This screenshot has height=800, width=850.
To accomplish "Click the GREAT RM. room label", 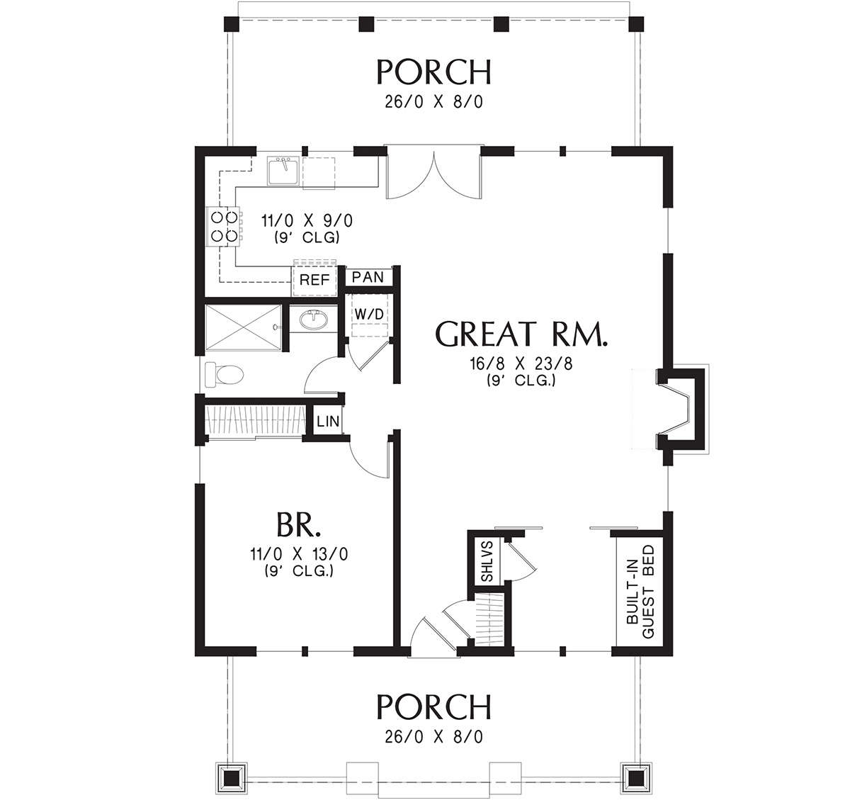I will (x=522, y=334).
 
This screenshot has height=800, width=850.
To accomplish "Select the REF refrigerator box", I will (x=314, y=280).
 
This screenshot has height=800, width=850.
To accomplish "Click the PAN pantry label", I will (x=368, y=277).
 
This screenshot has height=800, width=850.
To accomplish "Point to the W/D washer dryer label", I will (x=368, y=313).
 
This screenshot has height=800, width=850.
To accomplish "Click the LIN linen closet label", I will (x=328, y=422).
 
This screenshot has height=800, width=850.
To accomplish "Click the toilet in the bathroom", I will (x=222, y=374).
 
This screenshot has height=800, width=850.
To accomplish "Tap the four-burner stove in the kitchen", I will (x=221, y=227).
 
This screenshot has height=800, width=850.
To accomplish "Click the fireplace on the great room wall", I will (x=678, y=409).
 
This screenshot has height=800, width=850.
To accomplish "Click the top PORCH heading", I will (x=433, y=72).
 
